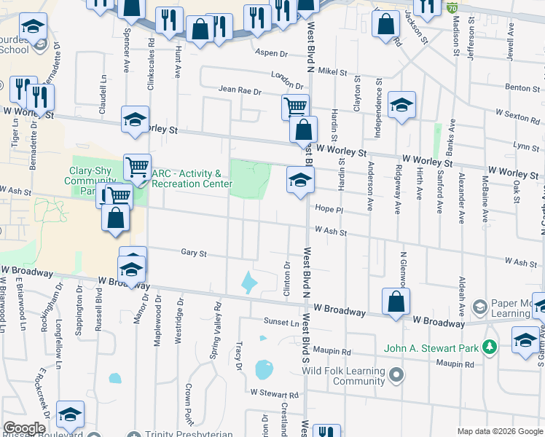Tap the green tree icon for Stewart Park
pyautogui.click(x=491, y=347)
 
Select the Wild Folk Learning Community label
pyautogui.click(x=343, y=376)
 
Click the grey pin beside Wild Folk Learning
pyautogui.click(x=396, y=376)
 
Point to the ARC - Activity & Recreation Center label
pyautogui.click(x=192, y=178)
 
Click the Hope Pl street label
pyautogui.click(x=328, y=209)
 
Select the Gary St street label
pyautogui.click(x=193, y=254)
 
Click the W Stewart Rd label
pyautogui.click(x=274, y=394)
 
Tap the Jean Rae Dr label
pyautogui.click(x=240, y=90)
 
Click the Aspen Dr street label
pyautogui.click(x=272, y=52)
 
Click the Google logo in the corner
pyautogui.click(x=24, y=428)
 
